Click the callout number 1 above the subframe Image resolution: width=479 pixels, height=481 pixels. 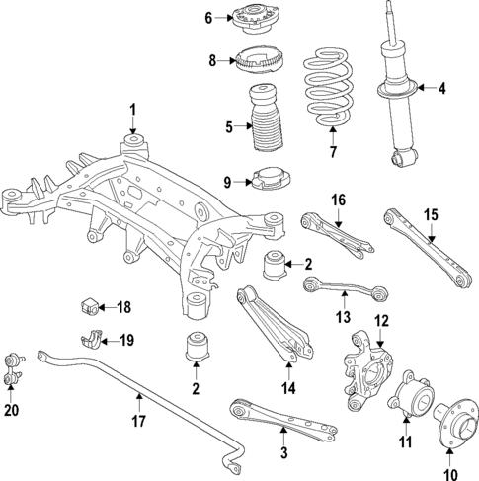(132, 110)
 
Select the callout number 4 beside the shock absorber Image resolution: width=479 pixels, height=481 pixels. (441, 88)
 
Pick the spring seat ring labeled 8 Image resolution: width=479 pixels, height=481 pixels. (259, 62)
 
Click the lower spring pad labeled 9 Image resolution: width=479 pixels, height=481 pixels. (271, 180)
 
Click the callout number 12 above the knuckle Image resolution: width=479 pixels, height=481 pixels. (381, 321)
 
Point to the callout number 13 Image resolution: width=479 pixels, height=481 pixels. (343, 317)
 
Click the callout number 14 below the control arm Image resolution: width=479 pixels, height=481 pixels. (288, 388)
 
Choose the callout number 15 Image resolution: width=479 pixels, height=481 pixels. (432, 215)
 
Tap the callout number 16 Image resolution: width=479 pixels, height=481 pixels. (339, 200)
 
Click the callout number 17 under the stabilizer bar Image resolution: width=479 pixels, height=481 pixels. (138, 421)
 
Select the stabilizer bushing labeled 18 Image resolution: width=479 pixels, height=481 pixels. (89, 305)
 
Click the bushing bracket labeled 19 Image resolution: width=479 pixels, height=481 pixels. (91, 338)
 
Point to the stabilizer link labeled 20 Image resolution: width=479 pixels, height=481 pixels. (13, 369)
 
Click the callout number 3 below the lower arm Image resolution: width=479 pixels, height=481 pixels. (283, 452)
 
